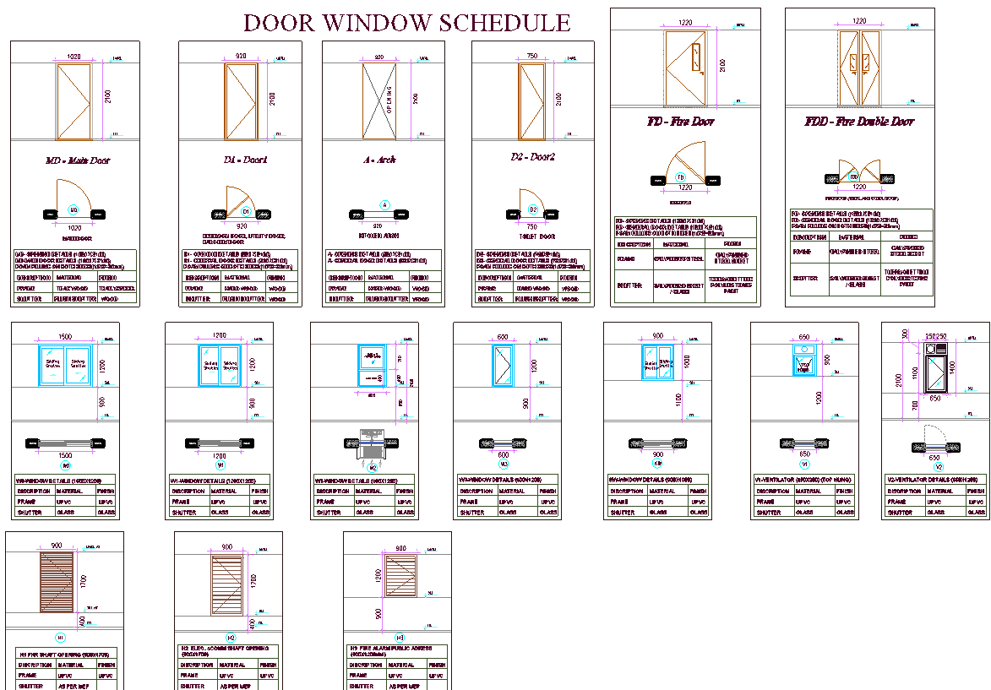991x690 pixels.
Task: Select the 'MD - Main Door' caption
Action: (x=77, y=160)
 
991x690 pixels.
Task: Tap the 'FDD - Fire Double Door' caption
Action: (x=859, y=122)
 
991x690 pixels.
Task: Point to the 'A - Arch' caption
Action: (x=384, y=160)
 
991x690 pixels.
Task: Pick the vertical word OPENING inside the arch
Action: (x=389, y=100)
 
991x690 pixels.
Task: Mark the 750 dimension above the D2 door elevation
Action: (x=531, y=57)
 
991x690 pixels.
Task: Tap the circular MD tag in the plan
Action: (x=74, y=209)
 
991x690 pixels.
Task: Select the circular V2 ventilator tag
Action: (x=938, y=467)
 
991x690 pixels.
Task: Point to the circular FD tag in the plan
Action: (x=680, y=177)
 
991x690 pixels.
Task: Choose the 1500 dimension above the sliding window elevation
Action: (x=66, y=336)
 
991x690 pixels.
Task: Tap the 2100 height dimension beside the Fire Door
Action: (x=721, y=66)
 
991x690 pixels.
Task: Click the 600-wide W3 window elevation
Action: (x=504, y=365)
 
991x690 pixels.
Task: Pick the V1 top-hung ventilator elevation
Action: (x=804, y=360)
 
